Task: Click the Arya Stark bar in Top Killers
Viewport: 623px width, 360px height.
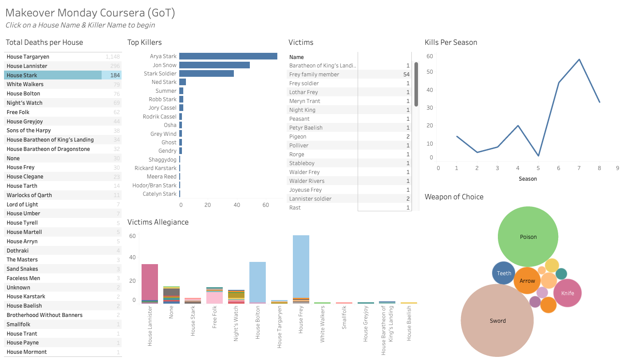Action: point(228,56)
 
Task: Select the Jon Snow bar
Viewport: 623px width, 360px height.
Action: point(214,65)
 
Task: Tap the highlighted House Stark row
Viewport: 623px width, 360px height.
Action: point(53,75)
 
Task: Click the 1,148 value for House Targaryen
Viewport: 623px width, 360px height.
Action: point(113,57)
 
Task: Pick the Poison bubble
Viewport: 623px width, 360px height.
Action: point(528,237)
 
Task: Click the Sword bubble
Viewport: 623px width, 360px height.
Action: point(497,320)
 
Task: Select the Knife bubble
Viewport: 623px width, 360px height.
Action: point(568,293)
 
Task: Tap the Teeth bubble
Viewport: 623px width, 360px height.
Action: point(504,273)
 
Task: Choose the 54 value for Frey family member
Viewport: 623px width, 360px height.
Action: point(406,75)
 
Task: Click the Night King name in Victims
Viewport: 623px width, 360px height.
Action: point(302,110)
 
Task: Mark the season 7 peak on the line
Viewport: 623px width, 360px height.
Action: point(579,59)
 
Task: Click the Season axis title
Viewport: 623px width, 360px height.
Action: point(528,179)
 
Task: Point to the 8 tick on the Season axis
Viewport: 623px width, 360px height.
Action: point(599,168)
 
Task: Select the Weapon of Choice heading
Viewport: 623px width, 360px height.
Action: point(454,197)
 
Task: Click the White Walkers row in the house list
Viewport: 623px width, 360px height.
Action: point(25,84)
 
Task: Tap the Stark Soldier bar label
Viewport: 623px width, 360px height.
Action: point(160,74)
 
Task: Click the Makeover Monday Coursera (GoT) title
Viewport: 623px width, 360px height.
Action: point(90,12)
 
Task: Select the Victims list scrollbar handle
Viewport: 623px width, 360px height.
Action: point(416,84)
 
